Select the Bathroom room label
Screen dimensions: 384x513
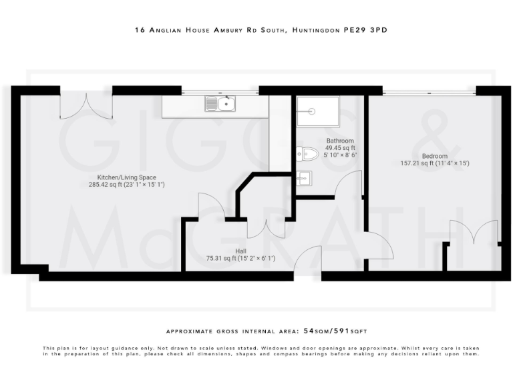340,141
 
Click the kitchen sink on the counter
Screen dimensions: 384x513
221,103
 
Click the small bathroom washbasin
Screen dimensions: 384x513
304,177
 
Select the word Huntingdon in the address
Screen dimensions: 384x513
312,31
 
